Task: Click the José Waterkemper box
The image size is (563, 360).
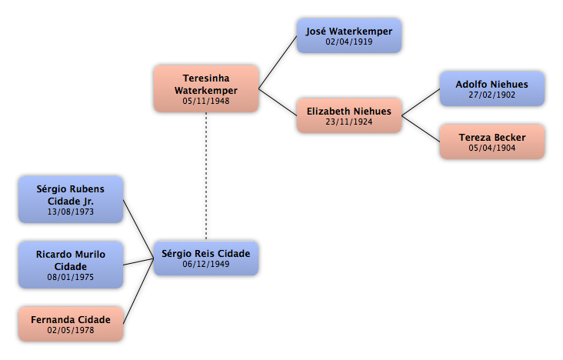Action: (x=349, y=36)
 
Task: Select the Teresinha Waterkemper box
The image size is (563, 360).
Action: (x=206, y=88)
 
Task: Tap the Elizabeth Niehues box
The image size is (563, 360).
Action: (x=349, y=115)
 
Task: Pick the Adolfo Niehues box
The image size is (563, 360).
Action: (x=492, y=88)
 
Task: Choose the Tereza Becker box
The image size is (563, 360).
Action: (x=492, y=142)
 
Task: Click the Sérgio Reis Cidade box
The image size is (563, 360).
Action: (x=206, y=258)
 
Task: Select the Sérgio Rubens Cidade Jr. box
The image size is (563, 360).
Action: (x=71, y=200)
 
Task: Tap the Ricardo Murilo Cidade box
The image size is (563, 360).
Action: (x=71, y=265)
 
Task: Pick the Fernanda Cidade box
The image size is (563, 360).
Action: (x=71, y=324)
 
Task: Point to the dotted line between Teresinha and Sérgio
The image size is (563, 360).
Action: (x=206, y=176)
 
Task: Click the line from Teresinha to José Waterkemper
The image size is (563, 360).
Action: (x=278, y=62)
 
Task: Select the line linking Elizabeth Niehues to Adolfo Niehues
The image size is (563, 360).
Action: (x=421, y=102)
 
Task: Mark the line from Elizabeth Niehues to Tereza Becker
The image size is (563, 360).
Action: (x=421, y=128)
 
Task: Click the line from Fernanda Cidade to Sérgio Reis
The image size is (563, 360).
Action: (x=138, y=291)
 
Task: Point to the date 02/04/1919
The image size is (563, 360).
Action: (x=349, y=42)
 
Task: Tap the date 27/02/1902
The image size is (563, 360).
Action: (x=492, y=95)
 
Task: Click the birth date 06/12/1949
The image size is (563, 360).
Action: (x=206, y=264)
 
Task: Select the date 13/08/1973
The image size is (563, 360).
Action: (x=71, y=212)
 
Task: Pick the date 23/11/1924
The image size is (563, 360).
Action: (x=349, y=122)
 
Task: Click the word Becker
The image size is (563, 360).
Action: (x=510, y=138)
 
